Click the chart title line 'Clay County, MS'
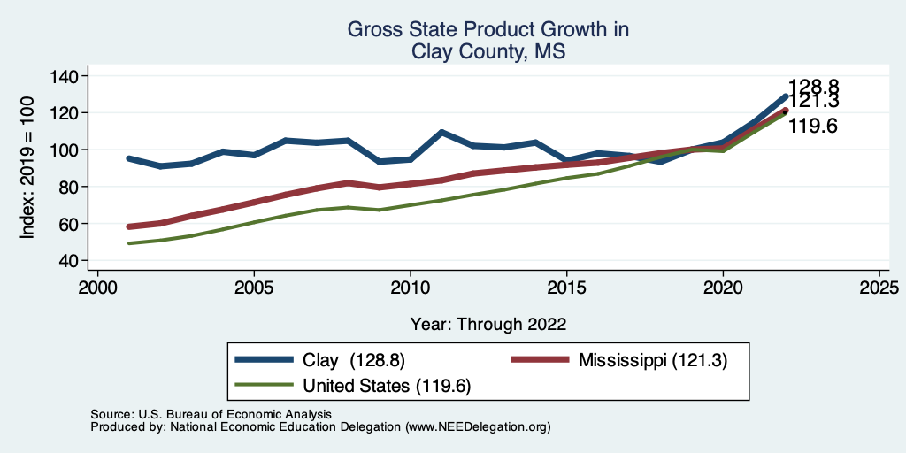[x=488, y=51]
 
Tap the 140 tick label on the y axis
[x=64, y=76]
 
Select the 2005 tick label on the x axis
[x=254, y=288]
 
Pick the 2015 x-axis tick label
[x=566, y=288]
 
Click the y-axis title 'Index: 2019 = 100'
[x=28, y=168]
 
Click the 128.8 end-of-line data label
[x=813, y=87]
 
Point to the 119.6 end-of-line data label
[x=813, y=127]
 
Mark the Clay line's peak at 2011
[x=441, y=132]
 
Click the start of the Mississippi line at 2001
[x=129, y=226]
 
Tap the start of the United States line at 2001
[x=129, y=243]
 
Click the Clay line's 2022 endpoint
[x=785, y=96]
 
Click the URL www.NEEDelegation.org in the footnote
[x=478, y=426]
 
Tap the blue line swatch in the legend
[x=265, y=360]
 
